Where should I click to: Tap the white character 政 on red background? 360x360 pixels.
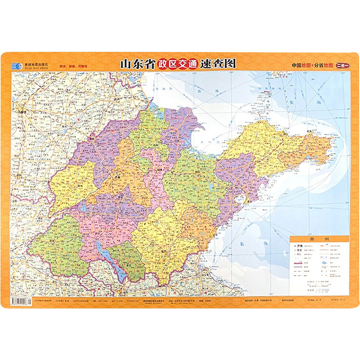(163, 63)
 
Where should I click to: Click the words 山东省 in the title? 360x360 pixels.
(136, 63)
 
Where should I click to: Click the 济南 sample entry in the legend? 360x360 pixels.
(300, 246)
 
